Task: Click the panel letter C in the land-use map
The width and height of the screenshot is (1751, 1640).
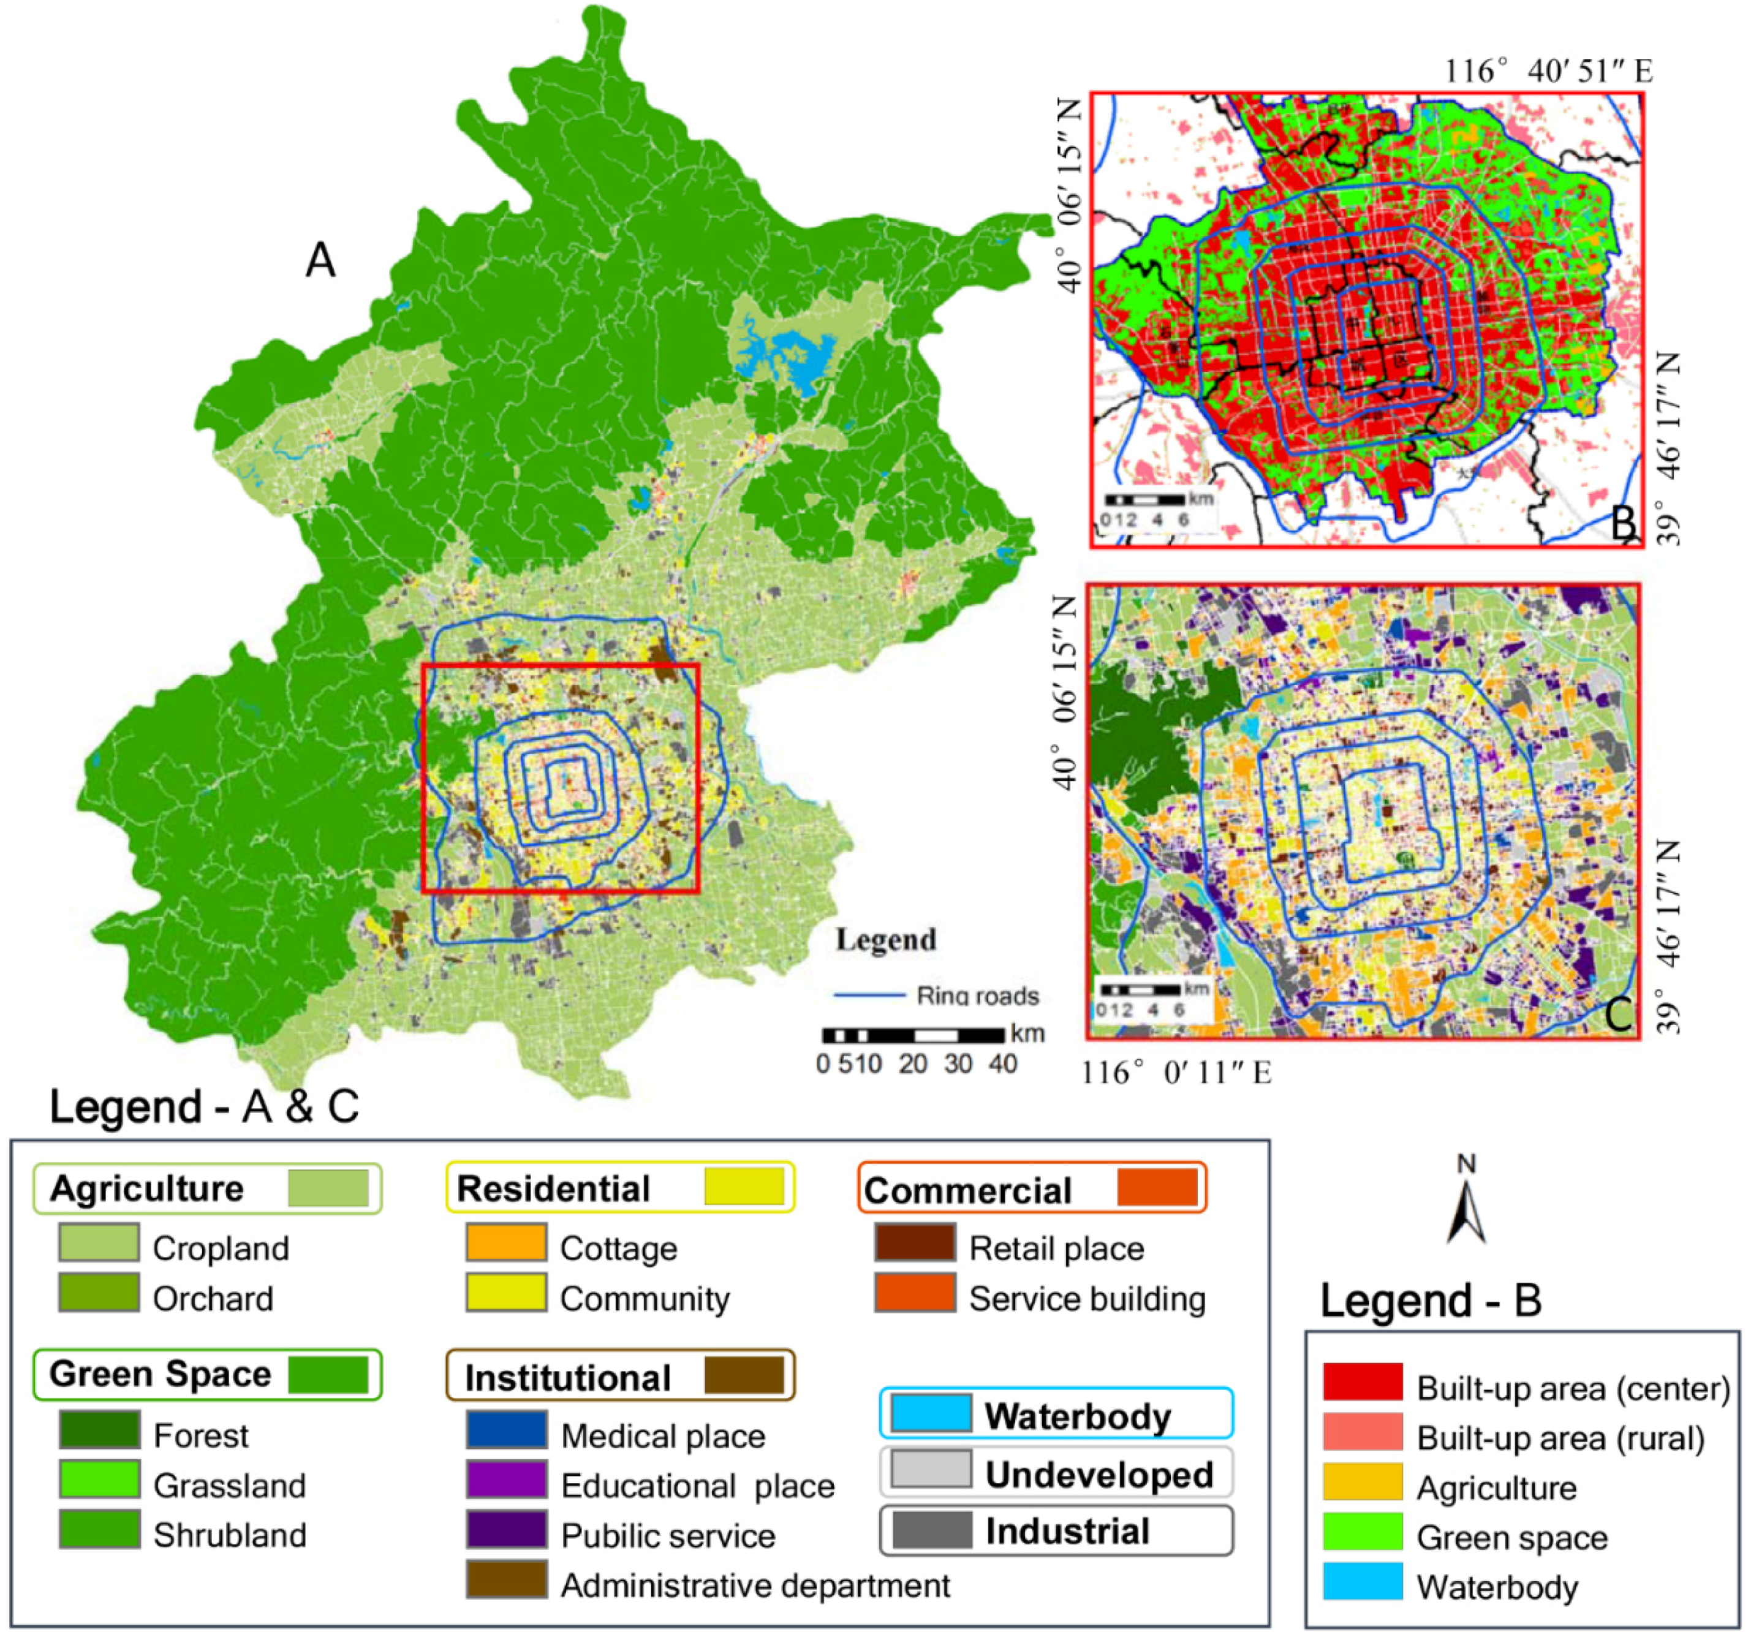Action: [1619, 1014]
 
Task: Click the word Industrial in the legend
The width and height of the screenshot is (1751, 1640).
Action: [1067, 1532]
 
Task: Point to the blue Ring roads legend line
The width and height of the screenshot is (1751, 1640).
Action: [869, 996]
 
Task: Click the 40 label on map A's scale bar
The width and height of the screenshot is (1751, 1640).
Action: [1002, 1065]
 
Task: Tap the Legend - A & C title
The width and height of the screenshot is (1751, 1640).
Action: [205, 1106]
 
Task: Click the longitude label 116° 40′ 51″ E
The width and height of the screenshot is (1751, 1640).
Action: [1548, 71]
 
